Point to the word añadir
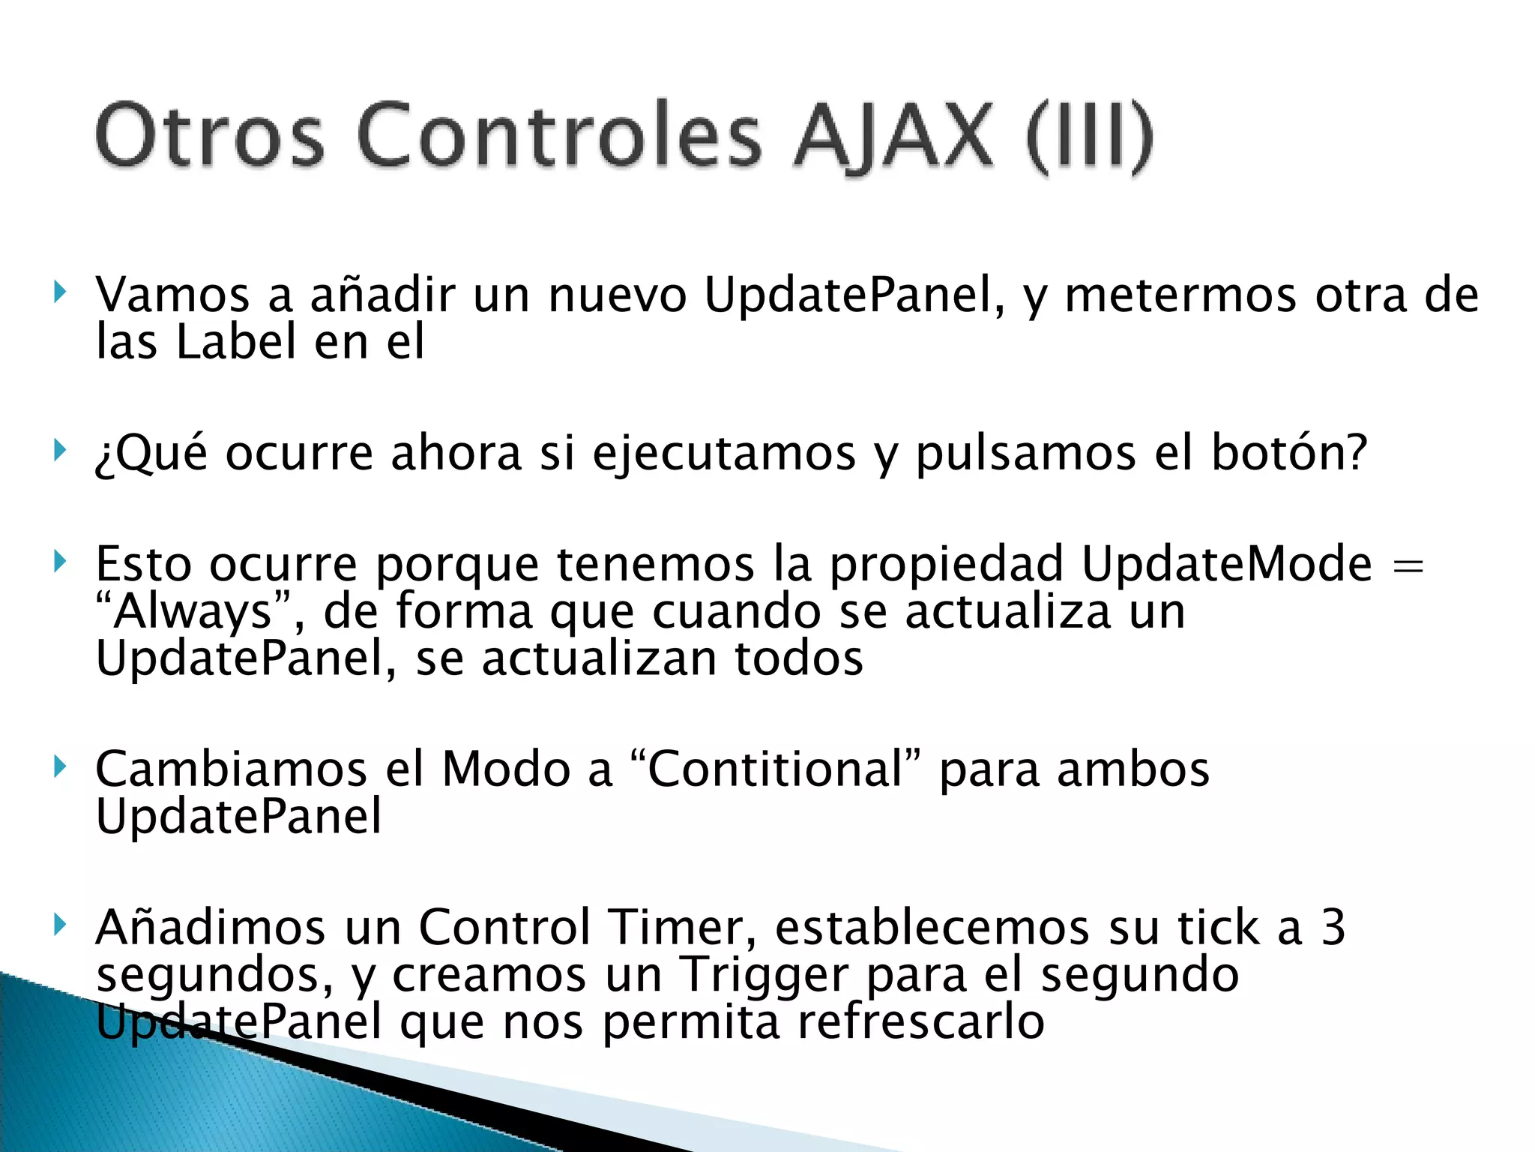pos(382,295)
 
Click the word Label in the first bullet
pos(236,342)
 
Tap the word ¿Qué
pos(151,454)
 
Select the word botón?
pos(1289,453)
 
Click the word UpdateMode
pos(1227,564)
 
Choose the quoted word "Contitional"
pos(776,769)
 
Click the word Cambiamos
pos(231,769)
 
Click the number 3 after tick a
pos(1333,928)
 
